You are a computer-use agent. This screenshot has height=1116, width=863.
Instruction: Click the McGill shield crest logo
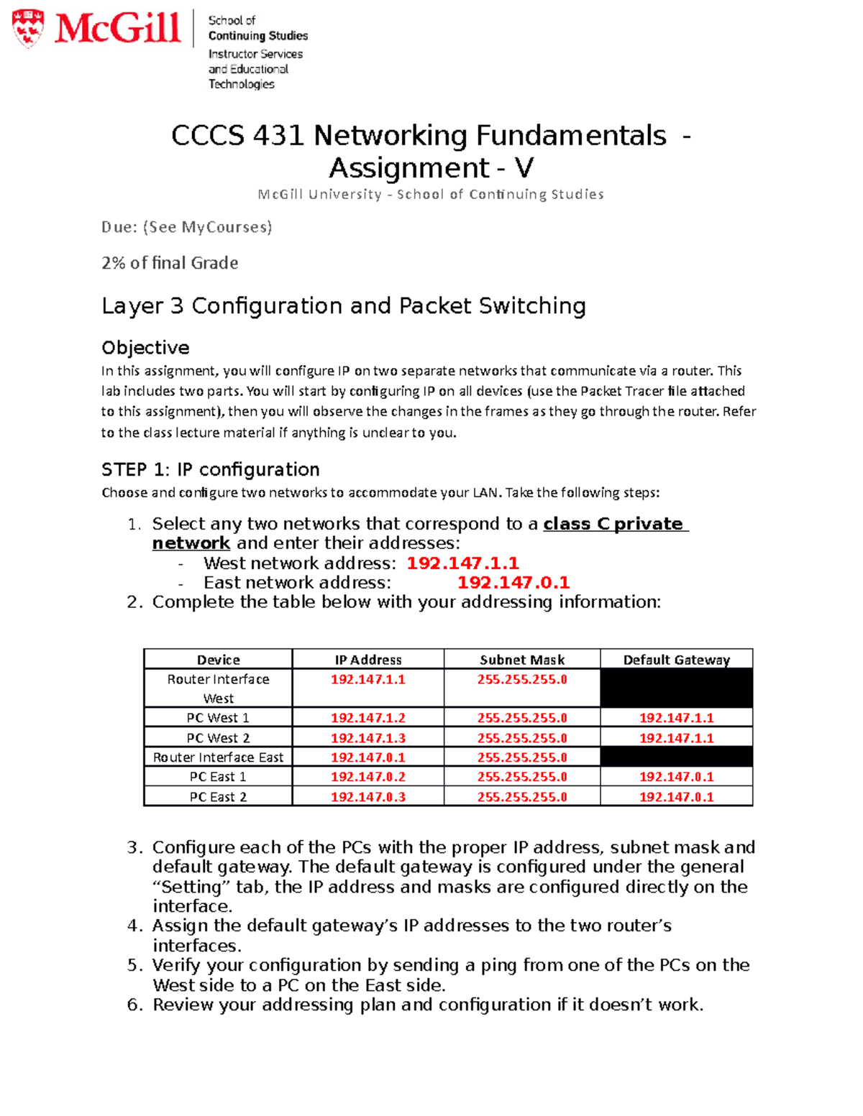click(28, 28)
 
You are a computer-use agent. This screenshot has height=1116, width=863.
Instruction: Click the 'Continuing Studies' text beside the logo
click(257, 36)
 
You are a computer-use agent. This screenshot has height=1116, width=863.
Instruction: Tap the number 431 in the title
click(278, 136)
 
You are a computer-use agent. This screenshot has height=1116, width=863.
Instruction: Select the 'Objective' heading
click(145, 348)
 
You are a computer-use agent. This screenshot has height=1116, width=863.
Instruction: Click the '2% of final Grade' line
click(170, 263)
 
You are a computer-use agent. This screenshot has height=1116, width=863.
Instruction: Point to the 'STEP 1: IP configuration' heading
click(210, 470)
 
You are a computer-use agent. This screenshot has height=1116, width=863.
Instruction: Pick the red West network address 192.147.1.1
click(462, 563)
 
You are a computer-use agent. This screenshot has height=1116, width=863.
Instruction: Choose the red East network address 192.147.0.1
click(513, 583)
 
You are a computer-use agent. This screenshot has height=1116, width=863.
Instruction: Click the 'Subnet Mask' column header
click(522, 660)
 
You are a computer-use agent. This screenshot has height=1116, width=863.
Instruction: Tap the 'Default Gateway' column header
click(676, 660)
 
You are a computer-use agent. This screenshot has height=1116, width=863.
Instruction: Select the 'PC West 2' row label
click(218, 738)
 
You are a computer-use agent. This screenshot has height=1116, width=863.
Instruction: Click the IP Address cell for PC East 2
click(367, 797)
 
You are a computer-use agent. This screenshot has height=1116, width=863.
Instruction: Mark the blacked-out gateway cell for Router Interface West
click(676, 688)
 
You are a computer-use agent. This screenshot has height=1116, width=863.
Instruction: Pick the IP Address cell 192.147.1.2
click(367, 718)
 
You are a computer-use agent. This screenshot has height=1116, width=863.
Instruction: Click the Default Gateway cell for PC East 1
click(676, 777)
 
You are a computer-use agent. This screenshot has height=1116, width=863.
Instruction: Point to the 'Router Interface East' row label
click(218, 757)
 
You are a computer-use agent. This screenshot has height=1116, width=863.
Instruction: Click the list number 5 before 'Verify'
click(134, 966)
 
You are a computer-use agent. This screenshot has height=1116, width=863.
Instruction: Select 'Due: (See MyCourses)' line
click(187, 228)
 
